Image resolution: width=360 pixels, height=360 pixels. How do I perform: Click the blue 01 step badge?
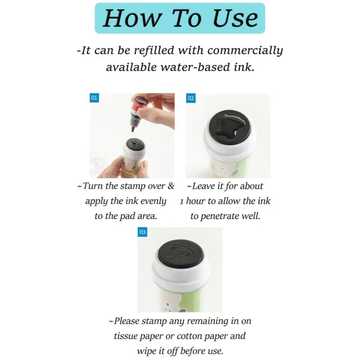[x=94, y=98]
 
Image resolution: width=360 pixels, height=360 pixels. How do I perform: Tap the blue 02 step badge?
[x=191, y=98]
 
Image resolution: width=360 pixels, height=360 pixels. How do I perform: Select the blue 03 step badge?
[x=142, y=232]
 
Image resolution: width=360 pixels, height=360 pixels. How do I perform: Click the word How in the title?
[x=132, y=18]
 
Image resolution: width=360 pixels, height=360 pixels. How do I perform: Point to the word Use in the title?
[x=235, y=18]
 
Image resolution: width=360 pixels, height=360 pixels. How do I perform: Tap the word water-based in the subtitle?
[x=195, y=67]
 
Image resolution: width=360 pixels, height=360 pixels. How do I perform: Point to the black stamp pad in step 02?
[x=230, y=127]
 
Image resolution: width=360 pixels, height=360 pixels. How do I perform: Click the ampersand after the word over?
[x=171, y=186]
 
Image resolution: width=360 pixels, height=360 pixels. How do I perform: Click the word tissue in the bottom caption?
[x=126, y=336]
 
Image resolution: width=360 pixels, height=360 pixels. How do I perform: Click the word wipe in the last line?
[x=145, y=351]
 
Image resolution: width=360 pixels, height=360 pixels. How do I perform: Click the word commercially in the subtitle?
[x=245, y=50]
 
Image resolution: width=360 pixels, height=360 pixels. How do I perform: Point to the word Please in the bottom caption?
[x=127, y=321]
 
